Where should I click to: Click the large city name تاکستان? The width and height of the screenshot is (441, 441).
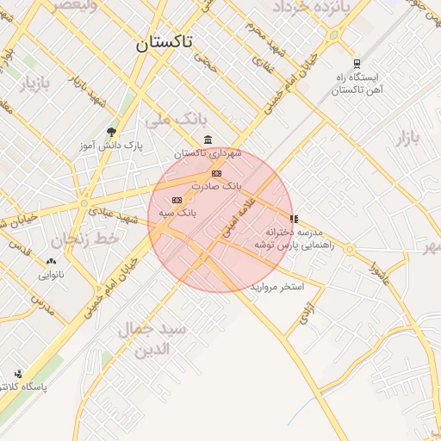[x=165, y=41]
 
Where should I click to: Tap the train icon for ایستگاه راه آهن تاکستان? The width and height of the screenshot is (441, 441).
[x=357, y=64]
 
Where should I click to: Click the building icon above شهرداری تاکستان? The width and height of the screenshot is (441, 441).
[x=208, y=140]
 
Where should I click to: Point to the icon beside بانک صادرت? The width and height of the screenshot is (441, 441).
[x=215, y=173]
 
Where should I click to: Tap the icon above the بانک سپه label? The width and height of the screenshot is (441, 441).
[x=177, y=200]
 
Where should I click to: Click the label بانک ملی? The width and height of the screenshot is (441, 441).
[x=166, y=120]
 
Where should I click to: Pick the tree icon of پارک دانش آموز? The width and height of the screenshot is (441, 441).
[x=111, y=132]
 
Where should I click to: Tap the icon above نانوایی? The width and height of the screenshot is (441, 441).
[x=51, y=261]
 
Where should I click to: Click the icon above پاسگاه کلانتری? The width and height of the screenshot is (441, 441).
[x=18, y=373]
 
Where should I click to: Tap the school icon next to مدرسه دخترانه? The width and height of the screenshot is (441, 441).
[x=294, y=220]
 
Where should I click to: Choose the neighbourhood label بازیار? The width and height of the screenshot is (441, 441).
[x=35, y=84]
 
